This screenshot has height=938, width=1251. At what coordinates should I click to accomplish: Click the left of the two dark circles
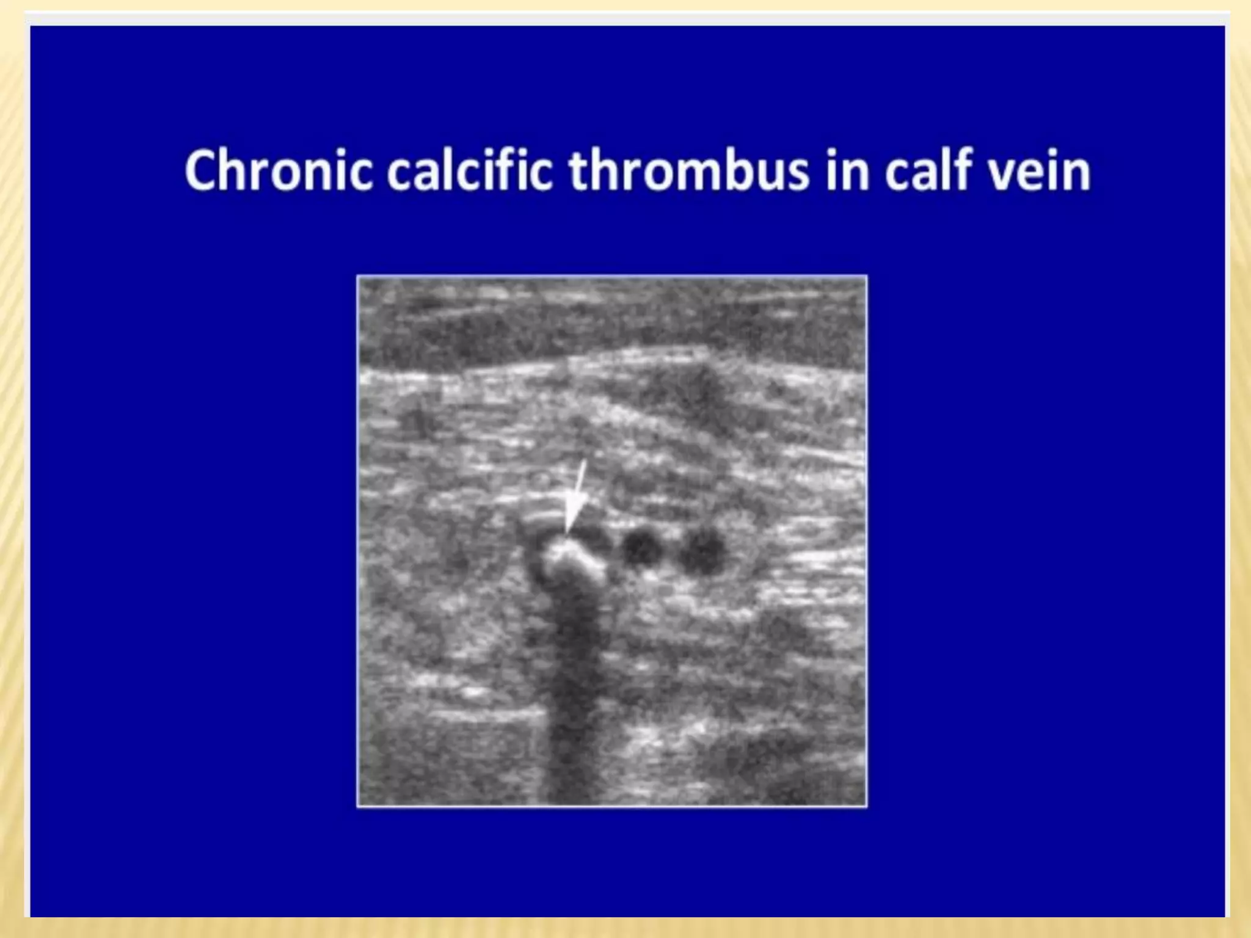click(641, 548)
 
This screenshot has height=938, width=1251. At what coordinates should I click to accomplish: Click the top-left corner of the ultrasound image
click(358, 277)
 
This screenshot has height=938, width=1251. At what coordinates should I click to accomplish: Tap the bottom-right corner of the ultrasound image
click(866, 806)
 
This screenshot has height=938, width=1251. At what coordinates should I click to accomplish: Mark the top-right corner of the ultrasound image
click(866, 277)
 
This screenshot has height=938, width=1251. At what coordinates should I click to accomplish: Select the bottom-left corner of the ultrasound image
click(358, 806)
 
